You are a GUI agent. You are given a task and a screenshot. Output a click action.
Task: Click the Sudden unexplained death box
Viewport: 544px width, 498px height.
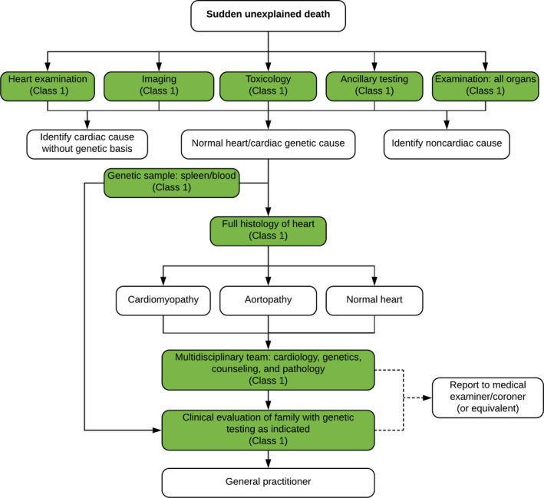tap(269, 16)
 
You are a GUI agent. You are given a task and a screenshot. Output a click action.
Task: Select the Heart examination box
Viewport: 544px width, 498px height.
tap(48, 87)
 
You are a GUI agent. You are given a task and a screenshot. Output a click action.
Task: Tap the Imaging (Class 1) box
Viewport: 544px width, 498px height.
tap(159, 87)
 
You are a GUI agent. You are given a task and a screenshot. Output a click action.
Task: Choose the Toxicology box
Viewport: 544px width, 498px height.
tap(269, 87)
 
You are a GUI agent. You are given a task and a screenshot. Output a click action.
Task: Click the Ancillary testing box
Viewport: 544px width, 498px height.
tap(374, 87)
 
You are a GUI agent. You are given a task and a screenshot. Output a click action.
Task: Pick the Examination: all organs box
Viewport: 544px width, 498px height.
tap(486, 87)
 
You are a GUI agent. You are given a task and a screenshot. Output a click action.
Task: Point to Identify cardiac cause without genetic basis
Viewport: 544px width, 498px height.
tap(87, 144)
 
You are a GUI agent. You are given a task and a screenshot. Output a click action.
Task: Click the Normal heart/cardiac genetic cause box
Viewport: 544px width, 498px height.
tap(269, 144)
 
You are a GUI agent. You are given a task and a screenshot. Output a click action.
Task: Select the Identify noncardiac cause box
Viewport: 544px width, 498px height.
tap(447, 144)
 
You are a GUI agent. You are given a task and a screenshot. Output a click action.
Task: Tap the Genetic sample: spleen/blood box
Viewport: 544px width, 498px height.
tap(172, 183)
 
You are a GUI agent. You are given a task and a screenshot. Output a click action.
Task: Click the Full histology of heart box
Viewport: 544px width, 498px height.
tap(269, 231)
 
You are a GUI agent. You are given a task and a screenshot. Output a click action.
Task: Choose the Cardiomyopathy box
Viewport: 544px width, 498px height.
tap(163, 301)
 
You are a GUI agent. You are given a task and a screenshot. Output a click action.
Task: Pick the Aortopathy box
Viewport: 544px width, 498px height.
tap(269, 301)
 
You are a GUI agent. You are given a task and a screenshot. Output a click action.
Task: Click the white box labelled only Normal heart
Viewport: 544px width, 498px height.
tap(374, 301)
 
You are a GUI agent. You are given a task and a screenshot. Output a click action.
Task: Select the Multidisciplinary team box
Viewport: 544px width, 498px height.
tap(269, 370)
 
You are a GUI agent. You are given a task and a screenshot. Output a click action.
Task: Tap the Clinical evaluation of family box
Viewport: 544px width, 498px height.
tap(269, 430)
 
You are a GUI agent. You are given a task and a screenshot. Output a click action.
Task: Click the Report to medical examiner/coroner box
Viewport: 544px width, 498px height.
tap(488, 397)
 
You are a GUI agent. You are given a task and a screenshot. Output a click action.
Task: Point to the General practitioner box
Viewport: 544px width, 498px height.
tap(269, 483)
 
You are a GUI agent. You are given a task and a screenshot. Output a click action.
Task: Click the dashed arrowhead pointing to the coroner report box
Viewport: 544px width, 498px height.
tap(428, 397)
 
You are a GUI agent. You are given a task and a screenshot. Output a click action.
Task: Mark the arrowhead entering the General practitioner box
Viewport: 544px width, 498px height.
tap(269, 464)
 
